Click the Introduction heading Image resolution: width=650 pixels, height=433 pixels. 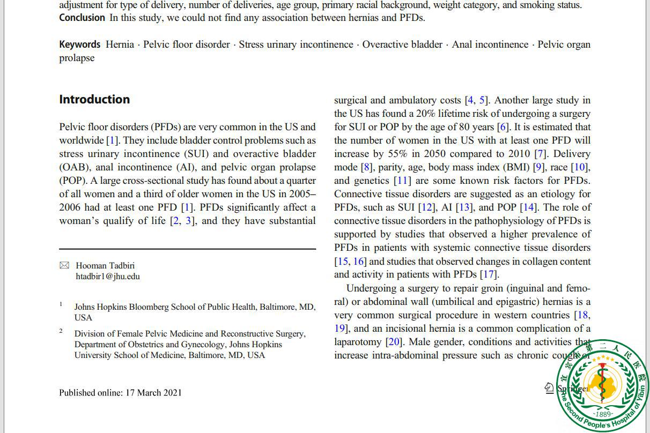[94, 100]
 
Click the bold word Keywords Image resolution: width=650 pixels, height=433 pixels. [79, 44]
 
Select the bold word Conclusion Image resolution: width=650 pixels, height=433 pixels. [82, 18]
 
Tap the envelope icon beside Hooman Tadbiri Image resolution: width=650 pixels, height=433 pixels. [64, 265]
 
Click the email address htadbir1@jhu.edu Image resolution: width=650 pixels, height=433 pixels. [108, 277]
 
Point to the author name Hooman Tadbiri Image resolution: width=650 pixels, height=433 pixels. [105, 265]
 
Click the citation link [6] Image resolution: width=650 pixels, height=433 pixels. [503, 127]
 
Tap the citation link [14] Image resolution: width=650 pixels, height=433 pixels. [528, 207]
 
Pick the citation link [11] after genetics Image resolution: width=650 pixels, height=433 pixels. [402, 181]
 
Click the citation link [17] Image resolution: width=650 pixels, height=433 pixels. [488, 275]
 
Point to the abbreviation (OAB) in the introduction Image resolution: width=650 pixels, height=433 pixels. [73, 167]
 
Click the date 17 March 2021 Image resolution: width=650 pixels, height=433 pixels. [153, 393]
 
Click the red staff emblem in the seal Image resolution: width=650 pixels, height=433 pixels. [603, 383]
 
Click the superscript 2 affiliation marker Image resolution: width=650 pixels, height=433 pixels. [61, 331]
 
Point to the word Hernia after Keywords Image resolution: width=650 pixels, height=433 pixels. [120, 44]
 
